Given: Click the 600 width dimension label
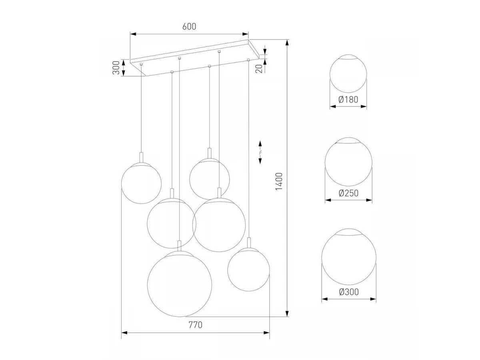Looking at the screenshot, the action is click(189, 26).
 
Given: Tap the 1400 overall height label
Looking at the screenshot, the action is click(279, 182).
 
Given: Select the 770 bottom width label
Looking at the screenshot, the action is click(195, 325).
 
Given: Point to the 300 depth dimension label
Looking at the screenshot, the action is click(116, 68).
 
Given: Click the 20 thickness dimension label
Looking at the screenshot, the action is click(259, 69).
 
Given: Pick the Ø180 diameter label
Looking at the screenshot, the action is click(348, 100).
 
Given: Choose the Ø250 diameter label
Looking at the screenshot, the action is click(348, 193).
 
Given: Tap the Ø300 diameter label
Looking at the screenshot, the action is click(349, 292).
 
